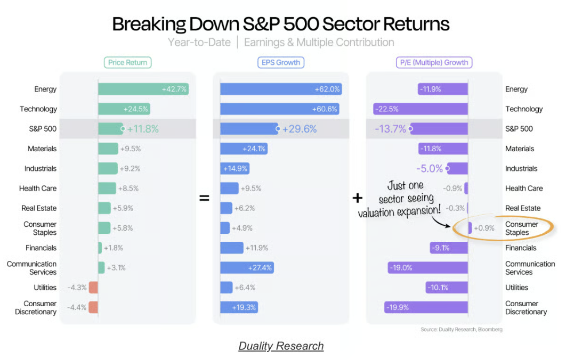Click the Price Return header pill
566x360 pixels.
pyautogui.click(x=127, y=62)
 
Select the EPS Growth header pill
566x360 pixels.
pyautogui.click(x=281, y=62)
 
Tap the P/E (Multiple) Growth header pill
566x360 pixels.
pyautogui.click(x=434, y=62)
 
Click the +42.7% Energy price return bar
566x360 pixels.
pyautogui.click(x=143, y=89)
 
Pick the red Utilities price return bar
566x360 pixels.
pyautogui.click(x=93, y=288)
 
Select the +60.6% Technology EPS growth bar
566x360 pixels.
pyautogui.click(x=280, y=109)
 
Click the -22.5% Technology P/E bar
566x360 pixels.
pyautogui.click(x=421, y=109)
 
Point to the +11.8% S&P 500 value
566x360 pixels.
pyautogui.click(x=143, y=129)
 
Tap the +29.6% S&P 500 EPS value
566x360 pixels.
pyautogui.click(x=300, y=129)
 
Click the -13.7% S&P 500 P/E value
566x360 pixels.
pyautogui.click(x=391, y=129)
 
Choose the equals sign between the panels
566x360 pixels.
pyautogui.click(x=204, y=198)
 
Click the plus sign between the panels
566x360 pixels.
pyautogui.click(x=358, y=198)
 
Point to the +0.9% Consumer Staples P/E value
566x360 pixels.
pyautogui.click(x=484, y=228)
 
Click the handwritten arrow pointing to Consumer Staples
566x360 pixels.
pyautogui.click(x=441, y=222)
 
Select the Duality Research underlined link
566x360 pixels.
pyautogui.click(x=281, y=346)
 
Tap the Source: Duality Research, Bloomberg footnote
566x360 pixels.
pyautogui.click(x=462, y=329)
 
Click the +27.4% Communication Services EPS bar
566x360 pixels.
pyautogui.click(x=247, y=268)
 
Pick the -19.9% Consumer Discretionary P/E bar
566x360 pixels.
pyautogui.click(x=426, y=307)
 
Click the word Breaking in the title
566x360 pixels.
pyautogui.click(x=149, y=24)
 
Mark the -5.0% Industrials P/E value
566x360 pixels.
pyautogui.click(x=429, y=168)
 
